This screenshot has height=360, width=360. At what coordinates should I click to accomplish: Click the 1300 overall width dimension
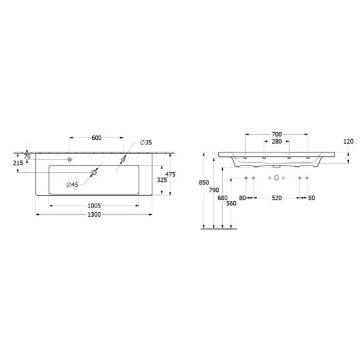pos(95,214)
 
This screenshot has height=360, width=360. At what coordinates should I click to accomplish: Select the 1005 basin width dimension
pos(95,206)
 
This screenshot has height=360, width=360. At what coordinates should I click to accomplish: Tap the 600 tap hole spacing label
pos(97,138)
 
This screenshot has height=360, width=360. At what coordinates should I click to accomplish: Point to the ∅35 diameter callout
pos(146,143)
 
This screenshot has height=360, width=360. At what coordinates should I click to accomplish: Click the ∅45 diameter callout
pos(72,185)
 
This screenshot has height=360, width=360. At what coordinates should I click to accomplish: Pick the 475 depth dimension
pos(170,174)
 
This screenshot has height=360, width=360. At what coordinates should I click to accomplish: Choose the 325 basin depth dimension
pos(162,180)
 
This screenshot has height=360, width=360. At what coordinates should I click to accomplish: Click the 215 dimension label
pos(18,163)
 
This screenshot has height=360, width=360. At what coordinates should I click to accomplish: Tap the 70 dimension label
pos(27,156)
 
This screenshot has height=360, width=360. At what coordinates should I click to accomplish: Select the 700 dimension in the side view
pos(277,134)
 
